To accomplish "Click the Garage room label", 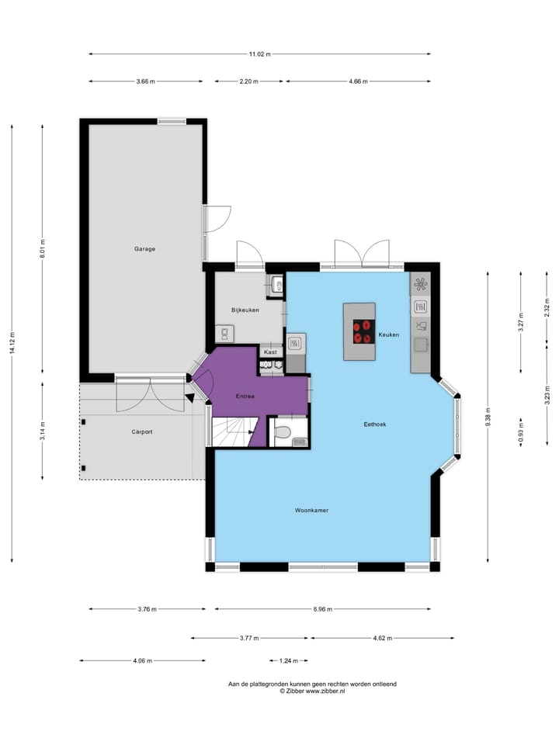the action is pos(144,249).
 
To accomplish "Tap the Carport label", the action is pos(142,432).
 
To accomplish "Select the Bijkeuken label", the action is pos(245,310).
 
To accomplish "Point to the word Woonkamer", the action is pos(311,511).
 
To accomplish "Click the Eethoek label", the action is pos(375,424).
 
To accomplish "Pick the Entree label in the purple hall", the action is pos(245,397).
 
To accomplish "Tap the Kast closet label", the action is pos(270,352).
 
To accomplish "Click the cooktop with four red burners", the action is pos(363,331).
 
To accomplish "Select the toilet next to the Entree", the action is pos(283,432).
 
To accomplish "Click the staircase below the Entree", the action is pos(234,432).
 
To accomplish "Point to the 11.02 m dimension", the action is pos(259,54).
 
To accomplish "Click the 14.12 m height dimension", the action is pos(12,343).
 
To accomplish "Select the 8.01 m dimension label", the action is pos(42,248).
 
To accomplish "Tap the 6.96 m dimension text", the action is pos(323,609).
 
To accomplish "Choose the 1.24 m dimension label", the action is pos(289,661).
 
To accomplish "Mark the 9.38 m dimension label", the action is pos(488,417).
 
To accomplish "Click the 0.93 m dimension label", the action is pos(521,433).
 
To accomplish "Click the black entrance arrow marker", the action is pos(189,398).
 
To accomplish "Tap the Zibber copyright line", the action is pos(312,691).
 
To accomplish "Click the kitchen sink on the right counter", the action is pos(420,344).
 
